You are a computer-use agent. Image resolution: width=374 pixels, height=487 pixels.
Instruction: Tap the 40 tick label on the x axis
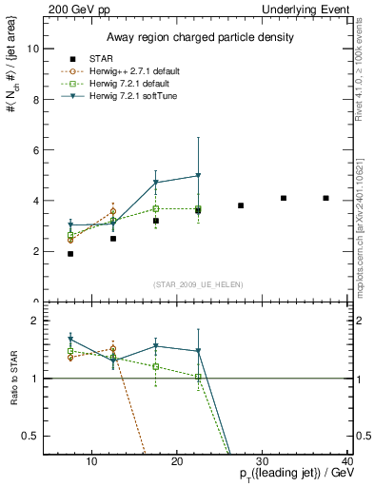coord(347,462)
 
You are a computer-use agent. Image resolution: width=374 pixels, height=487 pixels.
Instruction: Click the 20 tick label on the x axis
coord(177,462)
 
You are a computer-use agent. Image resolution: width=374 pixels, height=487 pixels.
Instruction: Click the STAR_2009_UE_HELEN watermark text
coord(198,284)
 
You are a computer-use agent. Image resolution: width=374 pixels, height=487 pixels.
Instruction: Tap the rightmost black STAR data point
coord(326,198)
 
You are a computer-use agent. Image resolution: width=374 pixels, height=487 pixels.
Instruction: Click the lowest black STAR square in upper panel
coord(70,254)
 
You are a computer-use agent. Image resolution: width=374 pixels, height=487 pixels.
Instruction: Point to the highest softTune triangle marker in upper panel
coord(198,176)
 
